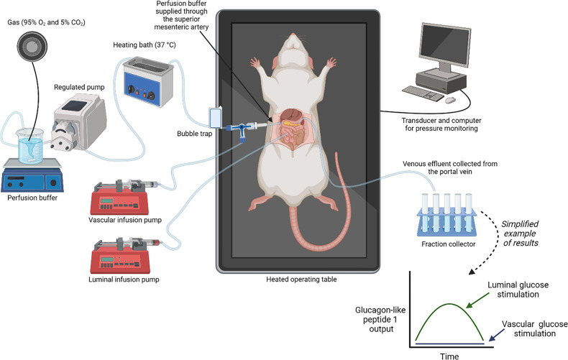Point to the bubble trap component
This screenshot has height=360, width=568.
tap(216, 116)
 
